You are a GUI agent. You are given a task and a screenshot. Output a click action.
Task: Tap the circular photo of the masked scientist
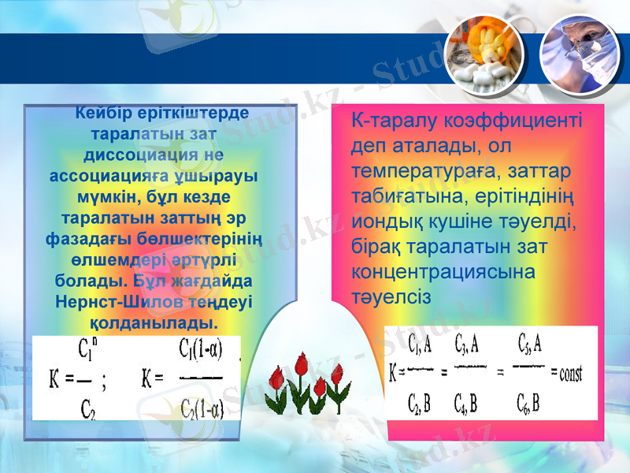click(x=582, y=52)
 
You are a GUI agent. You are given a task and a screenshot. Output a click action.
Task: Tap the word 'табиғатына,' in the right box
click(x=398, y=196)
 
